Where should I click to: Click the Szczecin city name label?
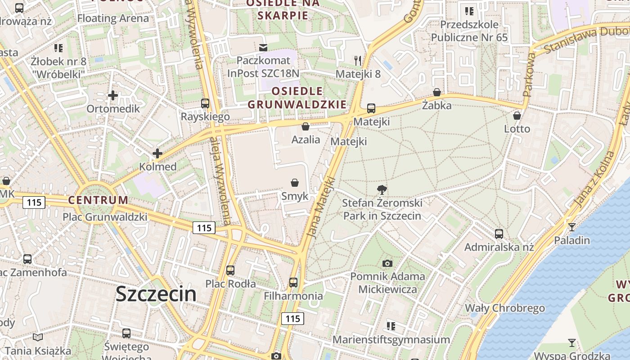[x=156, y=294]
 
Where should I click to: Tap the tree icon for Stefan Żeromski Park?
[x=382, y=189]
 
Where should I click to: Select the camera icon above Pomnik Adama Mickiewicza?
[x=387, y=263]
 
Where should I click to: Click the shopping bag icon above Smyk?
[x=295, y=182]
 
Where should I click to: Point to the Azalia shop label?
[x=306, y=139]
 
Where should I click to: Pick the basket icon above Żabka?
[x=436, y=92]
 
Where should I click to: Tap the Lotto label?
[x=517, y=129]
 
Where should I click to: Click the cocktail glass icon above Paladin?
[x=571, y=227]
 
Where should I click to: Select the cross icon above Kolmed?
[x=157, y=153]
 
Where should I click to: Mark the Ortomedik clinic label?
[x=113, y=109]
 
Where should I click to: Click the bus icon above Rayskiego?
[x=205, y=103]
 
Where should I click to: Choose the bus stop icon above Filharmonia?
[x=293, y=283]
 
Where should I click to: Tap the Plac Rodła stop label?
[x=230, y=284]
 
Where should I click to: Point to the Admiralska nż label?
[x=499, y=247]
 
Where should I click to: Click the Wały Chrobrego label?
[x=504, y=308]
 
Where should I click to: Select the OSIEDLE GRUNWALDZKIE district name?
[x=297, y=98]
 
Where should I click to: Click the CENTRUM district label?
[x=98, y=200]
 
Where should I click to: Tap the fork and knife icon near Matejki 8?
[x=358, y=60]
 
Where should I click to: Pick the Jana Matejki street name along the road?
[x=320, y=207]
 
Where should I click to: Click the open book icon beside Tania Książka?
[x=38, y=337]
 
